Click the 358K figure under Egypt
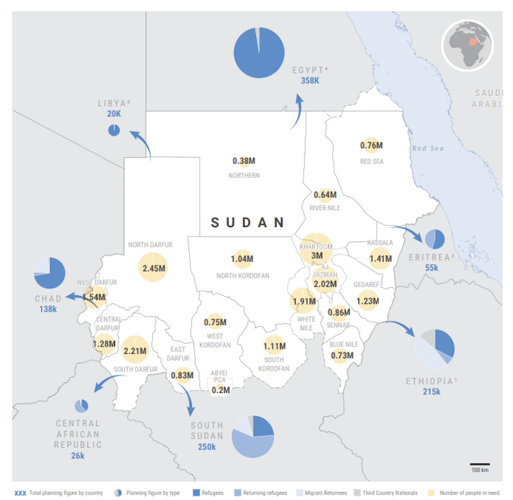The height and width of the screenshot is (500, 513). coord(310,81)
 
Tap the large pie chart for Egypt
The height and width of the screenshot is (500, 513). coord(259,53)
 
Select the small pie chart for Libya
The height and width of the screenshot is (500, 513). coord(114,130)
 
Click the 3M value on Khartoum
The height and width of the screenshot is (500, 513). coord(317,256)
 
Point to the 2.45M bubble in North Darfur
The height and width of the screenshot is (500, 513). coord(153,268)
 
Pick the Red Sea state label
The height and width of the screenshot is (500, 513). coord(371,161)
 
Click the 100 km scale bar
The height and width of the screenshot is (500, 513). coord(480,464)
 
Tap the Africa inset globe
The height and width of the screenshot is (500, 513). coord(468,45)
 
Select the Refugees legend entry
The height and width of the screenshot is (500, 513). coord(208,493)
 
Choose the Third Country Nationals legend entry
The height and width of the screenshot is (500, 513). coord(386,493)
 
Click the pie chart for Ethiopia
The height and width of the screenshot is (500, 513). coord(435,349)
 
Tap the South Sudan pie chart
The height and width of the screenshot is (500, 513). coord(253,436)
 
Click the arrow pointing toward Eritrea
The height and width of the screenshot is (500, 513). coord(407,232)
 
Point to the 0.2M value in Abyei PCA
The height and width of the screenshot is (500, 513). coord(221,390)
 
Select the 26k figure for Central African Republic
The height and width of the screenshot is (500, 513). coord(78,456)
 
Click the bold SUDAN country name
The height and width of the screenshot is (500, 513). coord(247,222)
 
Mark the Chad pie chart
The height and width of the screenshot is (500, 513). coord(49,273)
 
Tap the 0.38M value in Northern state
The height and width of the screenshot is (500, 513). coord(244,161)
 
